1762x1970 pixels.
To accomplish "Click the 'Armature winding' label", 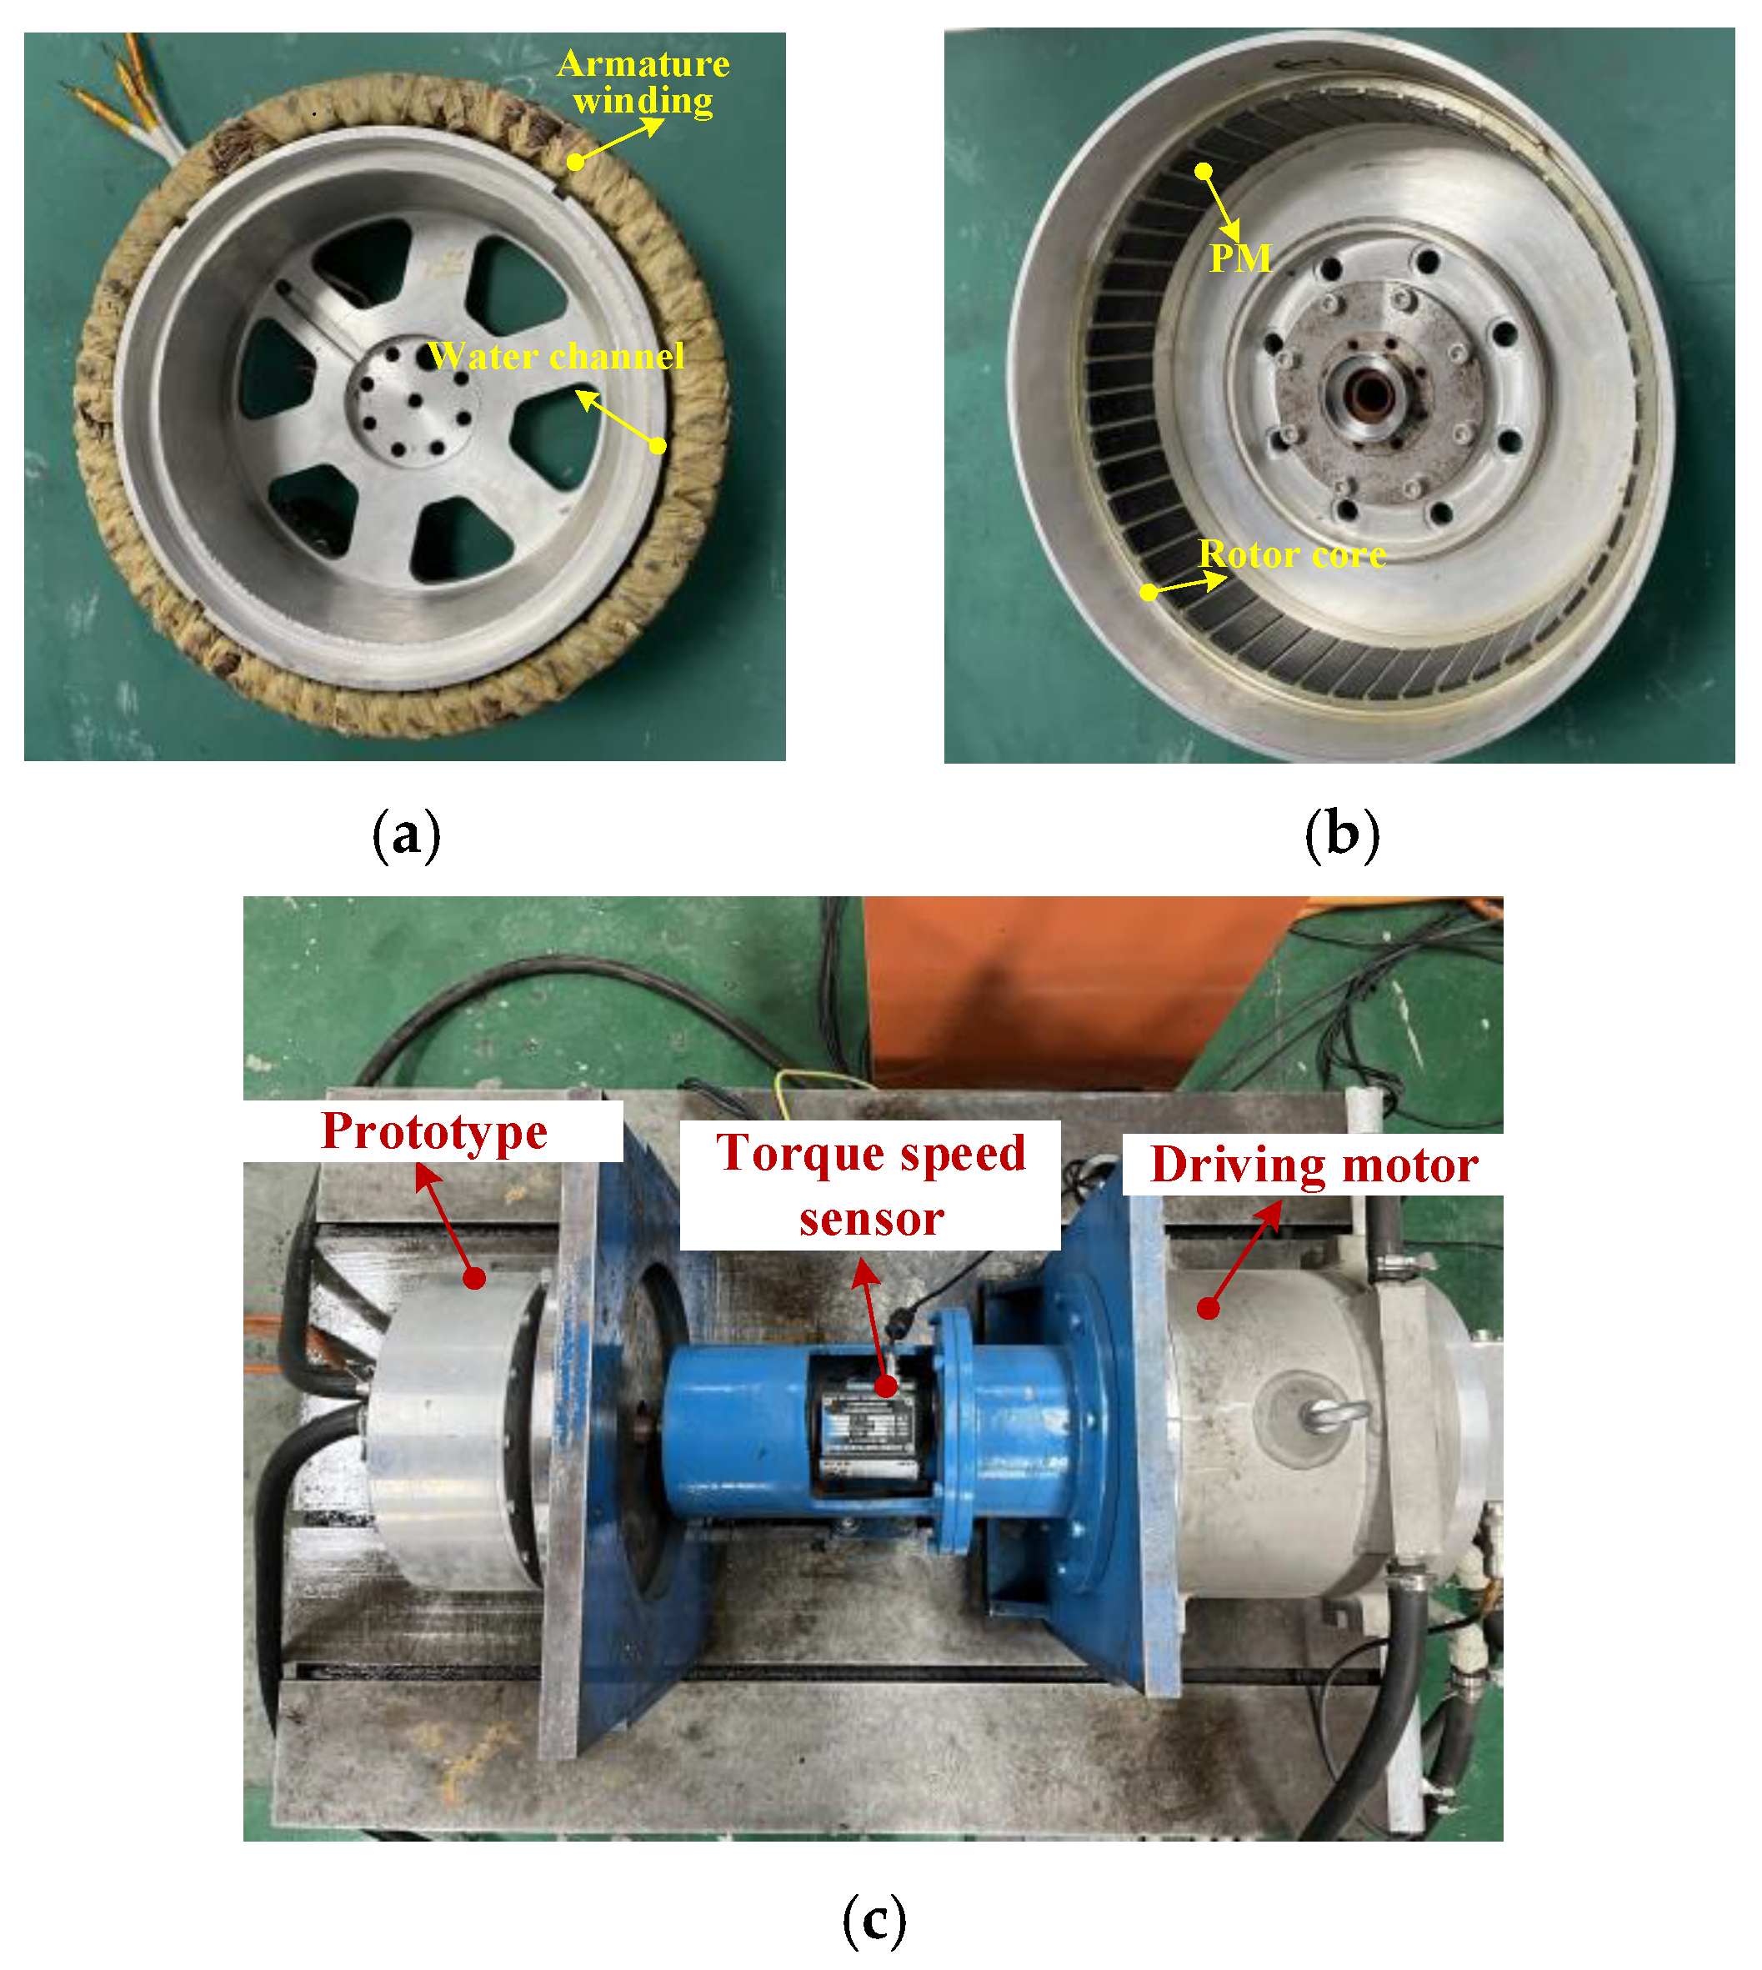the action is (643, 83).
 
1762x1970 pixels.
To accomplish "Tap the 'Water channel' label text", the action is (557, 357).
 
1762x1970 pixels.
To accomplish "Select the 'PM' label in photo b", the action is (1240, 258).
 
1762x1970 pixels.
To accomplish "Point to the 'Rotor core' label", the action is (1293, 554).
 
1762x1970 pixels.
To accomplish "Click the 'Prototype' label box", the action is (433, 1131).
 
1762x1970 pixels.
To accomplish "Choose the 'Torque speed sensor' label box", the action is (870, 1186).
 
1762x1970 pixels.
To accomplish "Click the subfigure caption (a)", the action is (407, 835).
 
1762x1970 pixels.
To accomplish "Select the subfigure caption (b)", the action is (1342, 835).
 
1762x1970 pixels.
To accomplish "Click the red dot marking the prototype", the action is (474, 1279).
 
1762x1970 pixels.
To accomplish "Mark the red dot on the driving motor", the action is (1209, 1309).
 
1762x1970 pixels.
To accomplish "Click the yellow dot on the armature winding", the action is (575, 163).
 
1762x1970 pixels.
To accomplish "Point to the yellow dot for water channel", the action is (658, 445).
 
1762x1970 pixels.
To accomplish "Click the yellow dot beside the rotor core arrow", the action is (1149, 592).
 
